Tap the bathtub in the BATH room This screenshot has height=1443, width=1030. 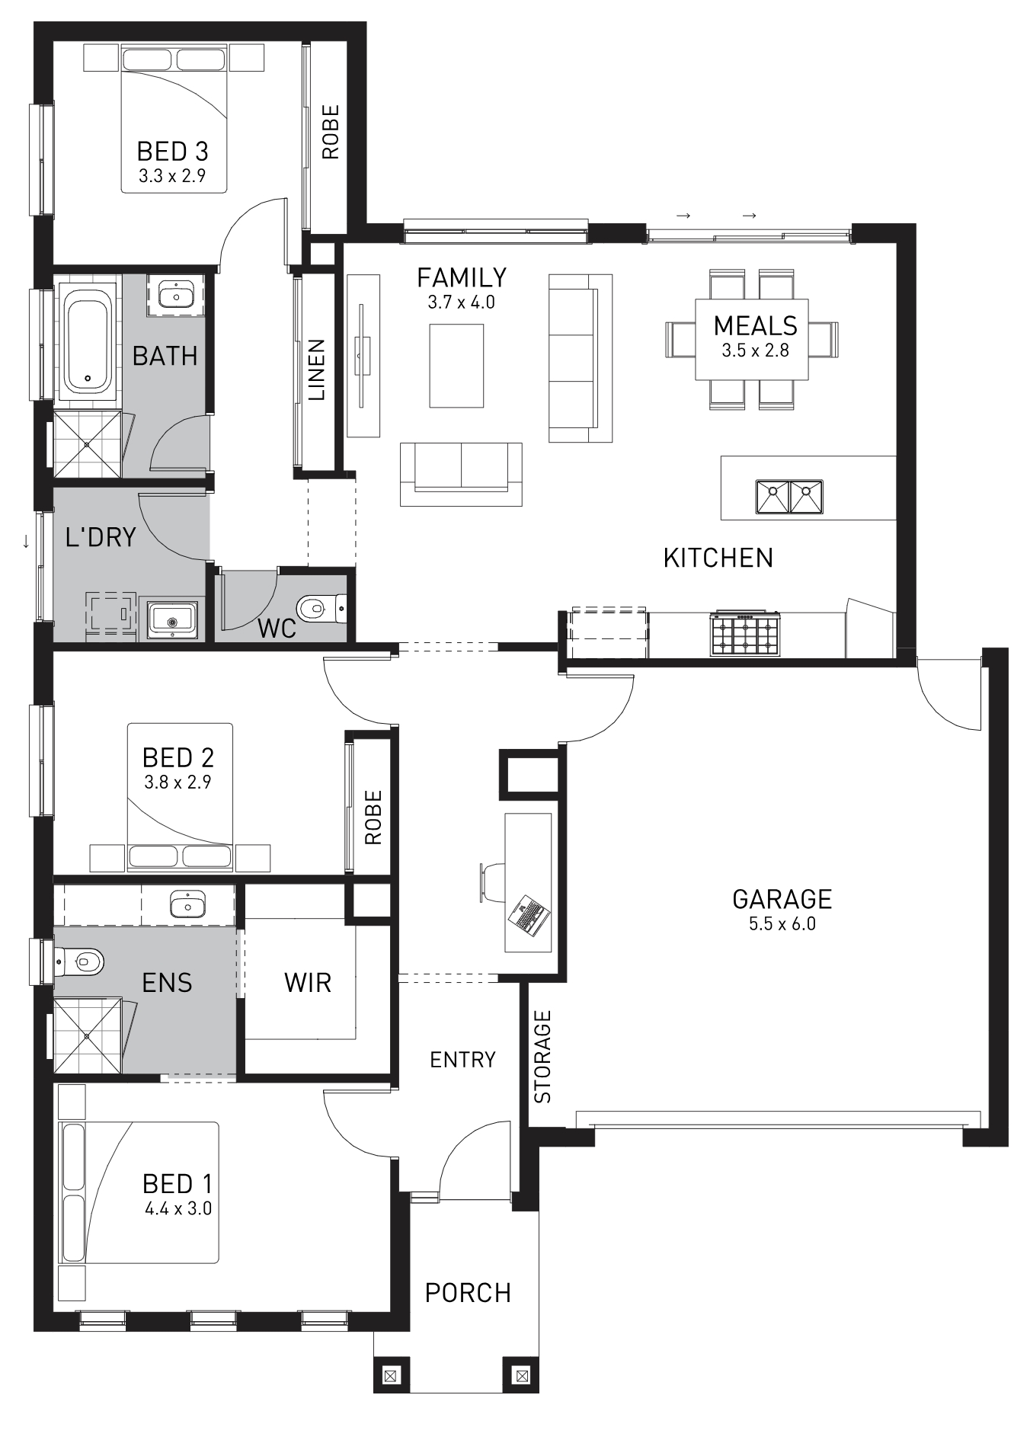(87, 341)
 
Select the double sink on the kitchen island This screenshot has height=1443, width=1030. (788, 496)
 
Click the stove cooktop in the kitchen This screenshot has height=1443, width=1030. (746, 634)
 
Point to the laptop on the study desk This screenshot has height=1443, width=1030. (529, 916)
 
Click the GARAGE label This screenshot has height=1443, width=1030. (782, 899)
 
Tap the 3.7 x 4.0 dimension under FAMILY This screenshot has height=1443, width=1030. (461, 302)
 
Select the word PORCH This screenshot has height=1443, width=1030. (468, 1292)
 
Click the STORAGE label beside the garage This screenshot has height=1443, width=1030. (542, 1057)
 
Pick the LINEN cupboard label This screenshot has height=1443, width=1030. (317, 370)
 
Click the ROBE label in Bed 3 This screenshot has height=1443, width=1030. (330, 132)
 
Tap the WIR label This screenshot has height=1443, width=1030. (308, 982)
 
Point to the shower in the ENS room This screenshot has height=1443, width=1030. (87, 1036)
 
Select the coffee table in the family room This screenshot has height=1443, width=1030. (456, 366)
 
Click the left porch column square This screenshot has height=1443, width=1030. (392, 1376)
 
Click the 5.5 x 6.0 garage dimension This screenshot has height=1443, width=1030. (782, 924)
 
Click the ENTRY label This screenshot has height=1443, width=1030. (462, 1060)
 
